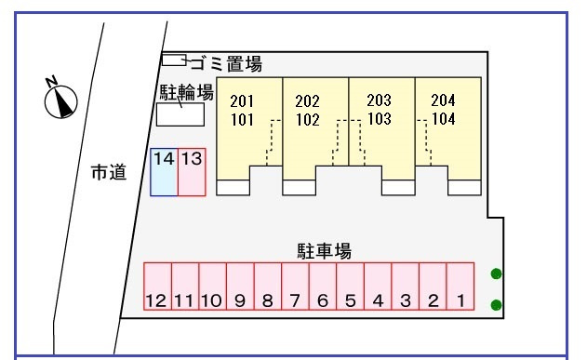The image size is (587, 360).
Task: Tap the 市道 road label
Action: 108,173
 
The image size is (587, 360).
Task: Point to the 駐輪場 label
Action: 186,92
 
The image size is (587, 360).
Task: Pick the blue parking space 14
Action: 164,172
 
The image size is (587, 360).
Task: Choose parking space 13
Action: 192,172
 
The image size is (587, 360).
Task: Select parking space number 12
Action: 156,287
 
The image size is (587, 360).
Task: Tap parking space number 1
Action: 460,287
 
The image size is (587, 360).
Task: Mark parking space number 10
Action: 211,287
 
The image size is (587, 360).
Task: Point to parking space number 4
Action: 378,287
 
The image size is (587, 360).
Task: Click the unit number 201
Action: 242,100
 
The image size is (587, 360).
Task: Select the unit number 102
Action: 307,119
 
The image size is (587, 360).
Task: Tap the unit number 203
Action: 379,100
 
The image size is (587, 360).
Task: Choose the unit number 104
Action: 443,119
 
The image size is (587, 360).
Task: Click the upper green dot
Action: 496,273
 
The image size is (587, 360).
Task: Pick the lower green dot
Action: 496,305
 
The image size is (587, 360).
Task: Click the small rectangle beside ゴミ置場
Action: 174,60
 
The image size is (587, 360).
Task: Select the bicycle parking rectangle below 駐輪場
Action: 180,114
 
